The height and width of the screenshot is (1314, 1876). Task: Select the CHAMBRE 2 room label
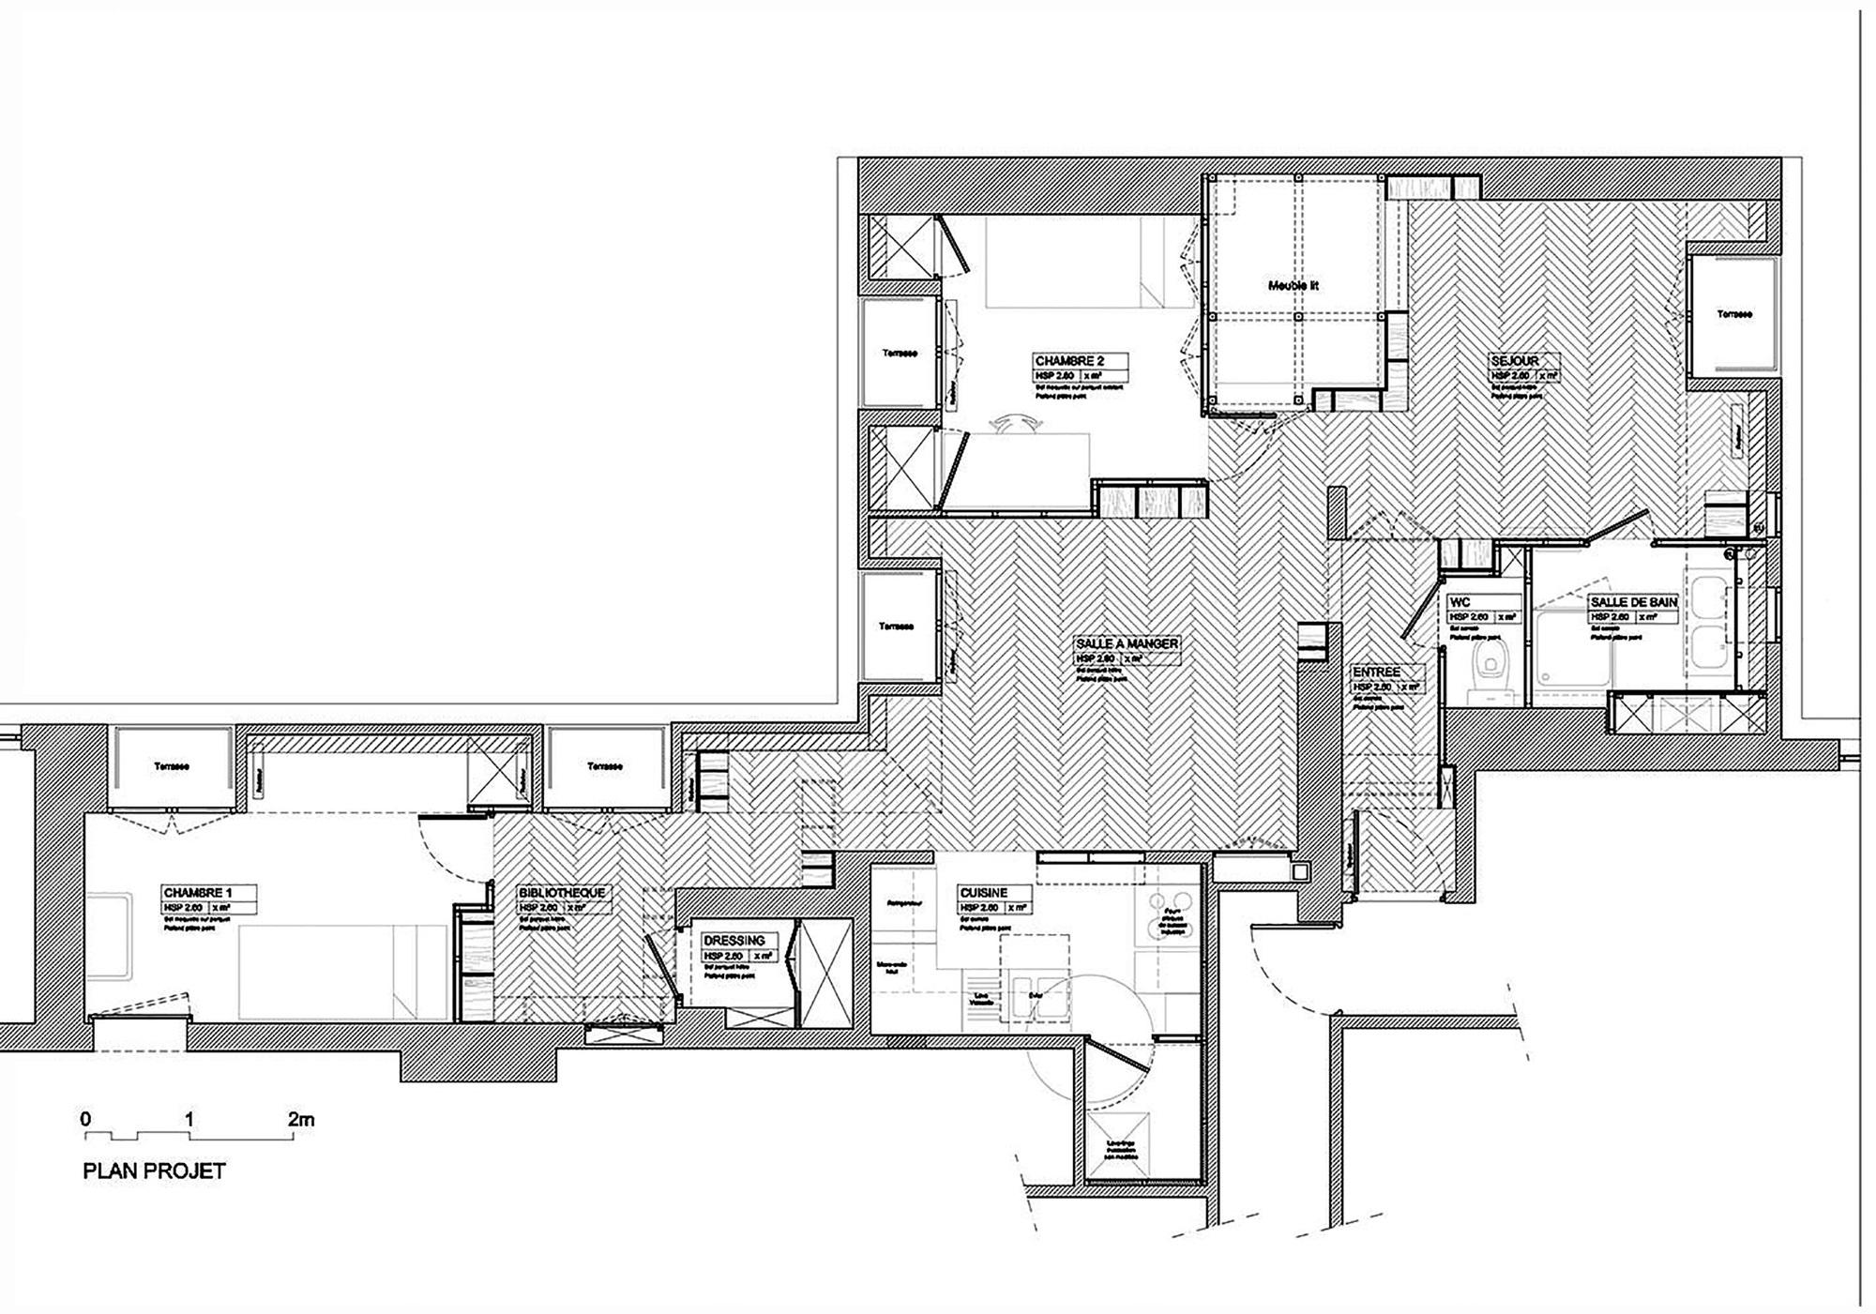point(1068,361)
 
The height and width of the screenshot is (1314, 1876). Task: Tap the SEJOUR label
point(1515,360)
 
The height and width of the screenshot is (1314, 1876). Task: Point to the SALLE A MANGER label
point(1127,644)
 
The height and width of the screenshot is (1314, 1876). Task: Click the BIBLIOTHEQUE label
point(562,893)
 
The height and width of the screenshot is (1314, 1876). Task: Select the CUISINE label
point(983,893)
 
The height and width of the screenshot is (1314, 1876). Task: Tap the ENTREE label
point(1376,672)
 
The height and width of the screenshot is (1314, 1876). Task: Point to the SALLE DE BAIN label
point(1633,602)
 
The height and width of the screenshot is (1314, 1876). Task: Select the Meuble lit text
point(1294,285)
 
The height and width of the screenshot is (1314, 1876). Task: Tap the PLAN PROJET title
point(155,1171)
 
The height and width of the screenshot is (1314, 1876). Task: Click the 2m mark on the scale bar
point(301,1119)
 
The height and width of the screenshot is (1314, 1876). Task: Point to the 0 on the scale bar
point(86,1119)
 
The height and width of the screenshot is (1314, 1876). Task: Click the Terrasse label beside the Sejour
point(1734,314)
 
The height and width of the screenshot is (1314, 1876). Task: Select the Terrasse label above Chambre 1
point(171,766)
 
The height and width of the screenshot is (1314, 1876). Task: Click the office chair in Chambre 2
point(1012,425)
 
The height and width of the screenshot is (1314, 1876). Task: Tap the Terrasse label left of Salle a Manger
point(896,627)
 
